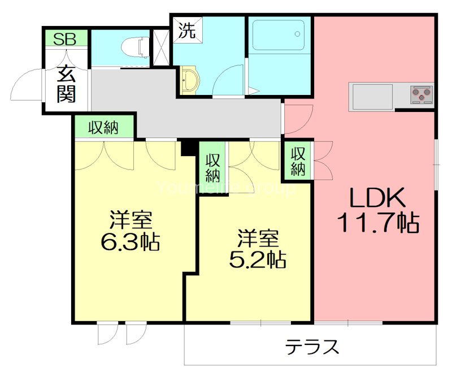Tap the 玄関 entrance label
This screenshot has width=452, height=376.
(66, 85)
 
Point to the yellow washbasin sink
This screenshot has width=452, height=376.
(189, 80)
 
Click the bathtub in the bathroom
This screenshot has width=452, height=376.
(279, 37)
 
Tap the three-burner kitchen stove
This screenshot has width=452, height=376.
(421, 94)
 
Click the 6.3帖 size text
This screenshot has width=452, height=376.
(130, 241)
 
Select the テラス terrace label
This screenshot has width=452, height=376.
(312, 345)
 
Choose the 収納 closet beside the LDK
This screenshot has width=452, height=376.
(298, 160)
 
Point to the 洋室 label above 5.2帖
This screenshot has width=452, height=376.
(257, 236)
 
